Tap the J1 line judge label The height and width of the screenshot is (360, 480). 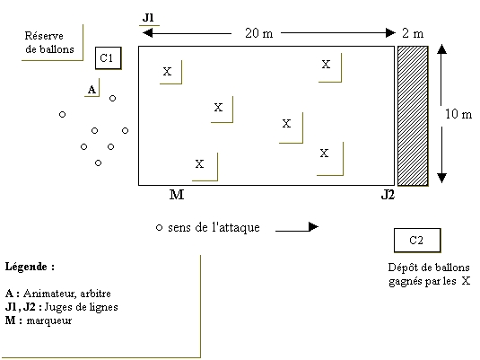click(x=148, y=18)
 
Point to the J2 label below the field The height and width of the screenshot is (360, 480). click(x=388, y=195)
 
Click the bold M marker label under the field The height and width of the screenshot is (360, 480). click(x=177, y=195)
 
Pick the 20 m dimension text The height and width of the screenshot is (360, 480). click(x=259, y=33)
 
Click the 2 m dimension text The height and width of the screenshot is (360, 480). click(x=413, y=33)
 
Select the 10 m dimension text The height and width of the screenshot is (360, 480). click(x=458, y=114)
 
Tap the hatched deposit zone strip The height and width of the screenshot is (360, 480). click(x=413, y=116)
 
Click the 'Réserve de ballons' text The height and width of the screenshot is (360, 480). click(x=49, y=42)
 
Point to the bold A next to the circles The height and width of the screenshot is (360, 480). click(x=92, y=90)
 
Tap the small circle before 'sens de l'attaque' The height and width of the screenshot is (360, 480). click(x=159, y=228)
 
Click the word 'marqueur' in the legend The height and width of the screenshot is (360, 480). click(x=49, y=321)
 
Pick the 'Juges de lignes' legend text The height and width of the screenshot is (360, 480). click(x=81, y=307)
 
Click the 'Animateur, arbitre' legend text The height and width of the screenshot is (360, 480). click(x=67, y=294)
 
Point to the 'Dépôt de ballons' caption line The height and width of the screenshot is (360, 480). click(x=429, y=268)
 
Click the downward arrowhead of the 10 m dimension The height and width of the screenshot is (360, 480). click(x=441, y=178)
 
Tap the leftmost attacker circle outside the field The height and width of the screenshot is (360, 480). click(x=62, y=115)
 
